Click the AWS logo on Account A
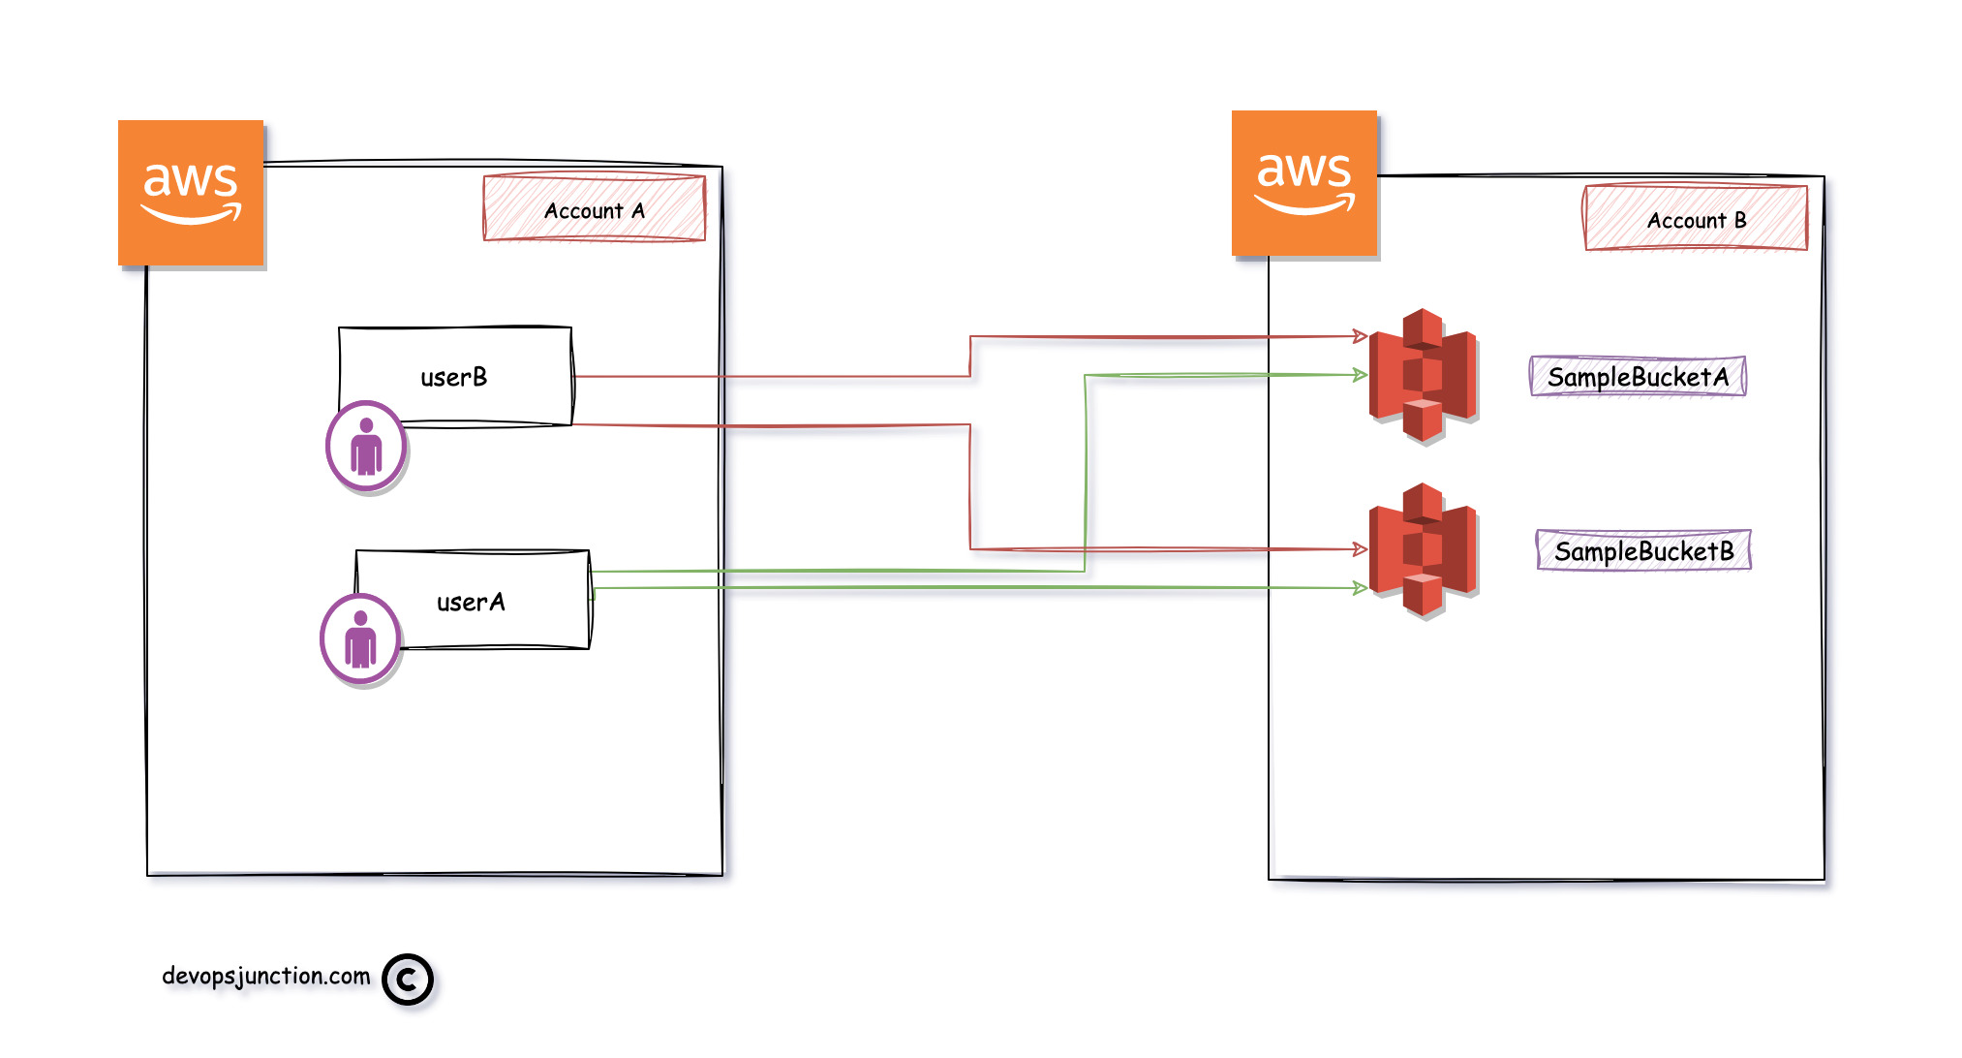pyautogui.click(x=191, y=193)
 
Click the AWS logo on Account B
pyautogui.click(x=1303, y=183)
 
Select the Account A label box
pyautogui.click(x=594, y=208)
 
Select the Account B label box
pyautogui.click(x=1695, y=219)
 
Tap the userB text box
pyautogui.click(x=455, y=375)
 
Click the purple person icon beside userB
pyautogui.click(x=366, y=447)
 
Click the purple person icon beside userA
pyautogui.click(x=360, y=639)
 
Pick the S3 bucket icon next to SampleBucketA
pyautogui.click(x=1422, y=375)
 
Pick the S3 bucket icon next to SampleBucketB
pyautogui.click(x=1422, y=549)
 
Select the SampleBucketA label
pyautogui.click(x=1638, y=377)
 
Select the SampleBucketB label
pyautogui.click(x=1643, y=550)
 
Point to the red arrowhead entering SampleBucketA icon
pyautogui.click(x=1361, y=336)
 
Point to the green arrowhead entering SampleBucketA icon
pyautogui.click(x=1361, y=374)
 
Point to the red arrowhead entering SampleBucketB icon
pyautogui.click(x=1361, y=549)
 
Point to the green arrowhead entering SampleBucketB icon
pyautogui.click(x=1361, y=587)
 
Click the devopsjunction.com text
pyautogui.click(x=266, y=976)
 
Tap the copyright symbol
pyautogui.click(x=407, y=980)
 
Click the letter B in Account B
pyautogui.click(x=1740, y=220)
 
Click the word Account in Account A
pyautogui.click(x=583, y=210)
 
